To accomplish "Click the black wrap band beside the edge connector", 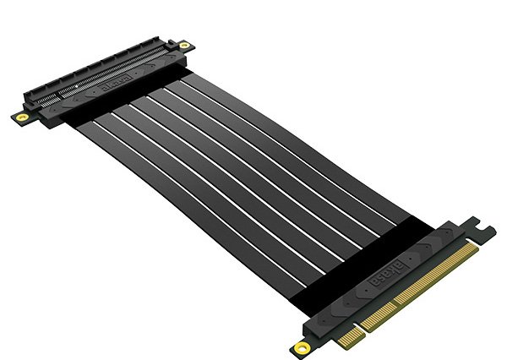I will point(363,254).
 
